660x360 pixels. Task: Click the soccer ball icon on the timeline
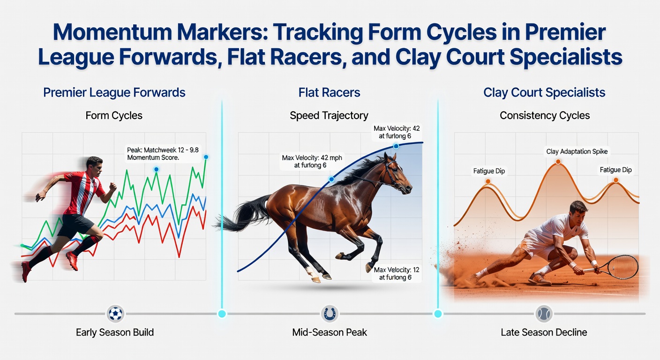click(115, 314)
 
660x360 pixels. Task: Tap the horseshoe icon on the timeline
click(330, 314)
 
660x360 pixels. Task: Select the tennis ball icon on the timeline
click(544, 314)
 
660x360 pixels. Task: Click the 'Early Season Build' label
click(115, 332)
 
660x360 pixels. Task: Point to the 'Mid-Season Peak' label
click(330, 332)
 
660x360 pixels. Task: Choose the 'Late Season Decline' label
click(544, 332)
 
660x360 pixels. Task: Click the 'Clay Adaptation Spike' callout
click(577, 151)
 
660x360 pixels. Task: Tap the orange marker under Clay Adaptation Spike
click(558, 161)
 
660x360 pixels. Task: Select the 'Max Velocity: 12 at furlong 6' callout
click(396, 273)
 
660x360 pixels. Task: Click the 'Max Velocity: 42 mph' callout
click(312, 161)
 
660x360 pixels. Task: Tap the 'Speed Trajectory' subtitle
click(329, 115)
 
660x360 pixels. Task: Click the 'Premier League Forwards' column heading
click(114, 92)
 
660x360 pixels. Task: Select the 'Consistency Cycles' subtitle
click(545, 115)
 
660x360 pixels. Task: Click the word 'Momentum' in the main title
click(112, 32)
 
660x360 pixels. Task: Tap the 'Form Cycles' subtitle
click(114, 115)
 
